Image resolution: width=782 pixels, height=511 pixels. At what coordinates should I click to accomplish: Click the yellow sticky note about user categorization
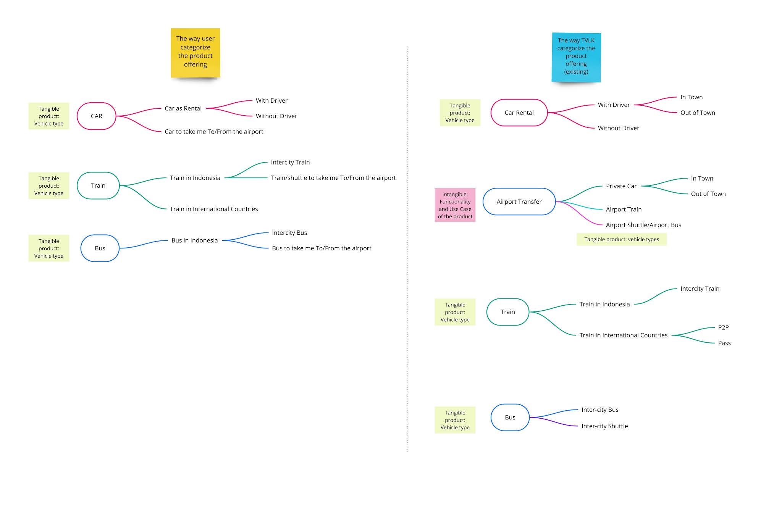(195, 52)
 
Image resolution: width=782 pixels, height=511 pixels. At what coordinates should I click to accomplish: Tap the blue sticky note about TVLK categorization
(576, 57)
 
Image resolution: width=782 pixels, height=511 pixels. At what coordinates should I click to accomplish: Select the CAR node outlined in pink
(96, 116)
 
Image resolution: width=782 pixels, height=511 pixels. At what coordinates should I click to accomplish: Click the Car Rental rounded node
(519, 113)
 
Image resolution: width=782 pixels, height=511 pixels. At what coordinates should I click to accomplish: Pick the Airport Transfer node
(519, 201)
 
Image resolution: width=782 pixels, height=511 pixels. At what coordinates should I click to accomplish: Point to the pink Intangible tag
(455, 205)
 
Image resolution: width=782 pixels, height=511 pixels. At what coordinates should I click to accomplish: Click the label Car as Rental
(183, 108)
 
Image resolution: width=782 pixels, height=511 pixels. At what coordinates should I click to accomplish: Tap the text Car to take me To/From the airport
(214, 132)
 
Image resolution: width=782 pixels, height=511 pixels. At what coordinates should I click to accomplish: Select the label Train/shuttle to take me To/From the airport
(333, 178)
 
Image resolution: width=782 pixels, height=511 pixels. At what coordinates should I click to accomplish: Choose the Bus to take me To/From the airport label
(321, 248)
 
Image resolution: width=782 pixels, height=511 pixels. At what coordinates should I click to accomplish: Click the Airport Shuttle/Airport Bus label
(643, 225)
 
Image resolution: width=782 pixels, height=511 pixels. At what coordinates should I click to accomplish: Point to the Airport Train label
(623, 210)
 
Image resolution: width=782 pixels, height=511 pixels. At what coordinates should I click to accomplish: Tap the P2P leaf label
(723, 327)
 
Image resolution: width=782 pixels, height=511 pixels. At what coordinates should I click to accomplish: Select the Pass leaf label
(724, 343)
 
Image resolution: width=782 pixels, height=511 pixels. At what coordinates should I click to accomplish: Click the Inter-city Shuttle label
(604, 426)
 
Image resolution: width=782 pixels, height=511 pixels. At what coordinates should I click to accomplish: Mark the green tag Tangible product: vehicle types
(621, 240)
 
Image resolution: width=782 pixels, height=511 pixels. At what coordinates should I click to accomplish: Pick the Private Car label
(621, 186)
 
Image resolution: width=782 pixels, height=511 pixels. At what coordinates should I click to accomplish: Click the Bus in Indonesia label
(194, 240)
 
